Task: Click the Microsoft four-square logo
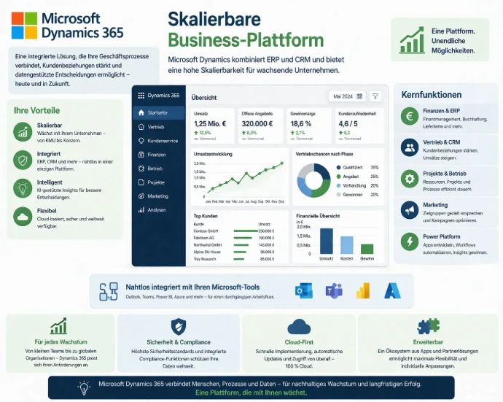click(25, 26)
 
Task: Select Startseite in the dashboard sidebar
click(157, 113)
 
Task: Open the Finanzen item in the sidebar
click(155, 155)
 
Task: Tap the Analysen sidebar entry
click(156, 209)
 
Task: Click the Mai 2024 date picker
click(347, 96)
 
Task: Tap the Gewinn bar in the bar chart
click(367, 249)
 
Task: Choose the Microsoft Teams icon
click(334, 290)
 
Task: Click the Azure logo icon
click(393, 290)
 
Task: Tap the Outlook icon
click(303, 290)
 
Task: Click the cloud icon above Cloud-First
click(300, 326)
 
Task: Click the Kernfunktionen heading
click(432, 95)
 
